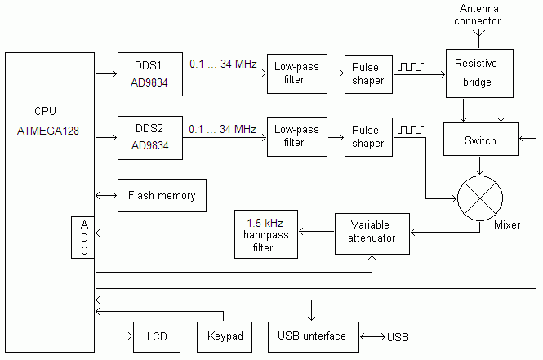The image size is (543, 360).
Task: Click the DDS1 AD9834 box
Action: (149, 73)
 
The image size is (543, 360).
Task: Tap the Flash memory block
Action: (162, 196)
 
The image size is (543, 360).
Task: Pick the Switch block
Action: (480, 140)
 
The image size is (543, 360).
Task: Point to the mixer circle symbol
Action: (480, 198)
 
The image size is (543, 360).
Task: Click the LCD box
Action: (156, 336)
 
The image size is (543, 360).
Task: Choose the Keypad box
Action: (222, 336)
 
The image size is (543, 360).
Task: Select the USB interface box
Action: (312, 336)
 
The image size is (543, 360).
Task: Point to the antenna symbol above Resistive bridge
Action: (480, 35)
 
